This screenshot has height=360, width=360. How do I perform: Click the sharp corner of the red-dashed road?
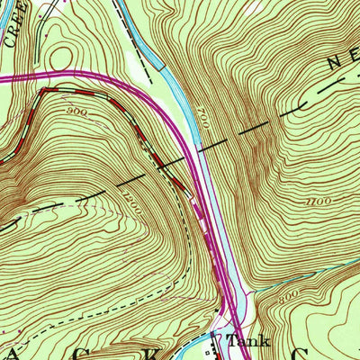pyautogui.click(x=43, y=91)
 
